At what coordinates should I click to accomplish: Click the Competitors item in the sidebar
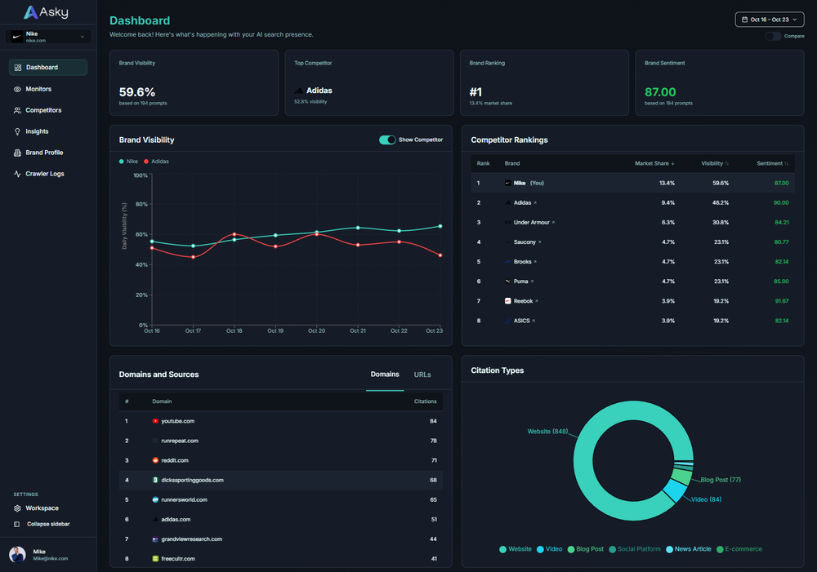[42, 110]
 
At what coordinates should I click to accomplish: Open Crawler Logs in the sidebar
[44, 174]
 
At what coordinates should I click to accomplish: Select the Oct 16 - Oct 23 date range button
[770, 20]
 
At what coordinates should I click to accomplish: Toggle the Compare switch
[772, 36]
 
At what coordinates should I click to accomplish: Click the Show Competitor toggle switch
[387, 140]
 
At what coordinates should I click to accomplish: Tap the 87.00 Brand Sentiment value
[660, 92]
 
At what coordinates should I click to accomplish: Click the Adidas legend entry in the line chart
[159, 162]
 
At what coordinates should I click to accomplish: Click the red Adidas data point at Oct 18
[234, 234]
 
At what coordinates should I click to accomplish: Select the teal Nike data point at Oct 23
[440, 226]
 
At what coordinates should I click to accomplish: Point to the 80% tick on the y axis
[141, 205]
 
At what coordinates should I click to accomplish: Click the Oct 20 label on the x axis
[316, 330]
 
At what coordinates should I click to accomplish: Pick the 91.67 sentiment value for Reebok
[781, 301]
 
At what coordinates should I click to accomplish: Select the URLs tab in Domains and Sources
[422, 375]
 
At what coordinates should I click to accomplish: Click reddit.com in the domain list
[176, 460]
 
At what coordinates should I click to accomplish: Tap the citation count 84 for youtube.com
[433, 421]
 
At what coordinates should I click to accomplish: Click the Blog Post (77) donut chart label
[720, 480]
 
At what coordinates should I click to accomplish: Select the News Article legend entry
[690, 549]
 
